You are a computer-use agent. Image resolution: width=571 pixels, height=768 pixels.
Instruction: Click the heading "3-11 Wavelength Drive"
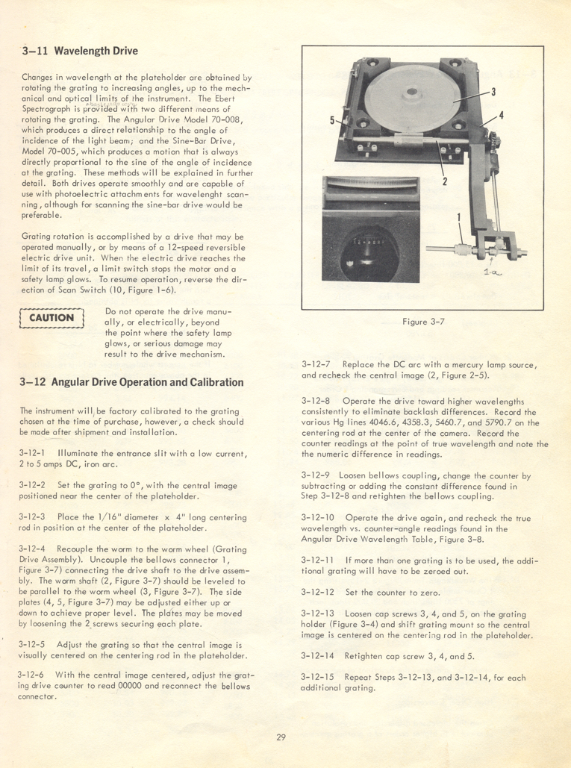coord(80,51)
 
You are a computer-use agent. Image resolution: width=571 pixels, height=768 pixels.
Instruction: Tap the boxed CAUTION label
coord(52,318)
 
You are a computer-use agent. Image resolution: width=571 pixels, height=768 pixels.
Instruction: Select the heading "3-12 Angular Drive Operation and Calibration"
coord(131,382)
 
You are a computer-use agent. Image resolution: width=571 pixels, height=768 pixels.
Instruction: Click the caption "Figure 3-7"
coord(424,322)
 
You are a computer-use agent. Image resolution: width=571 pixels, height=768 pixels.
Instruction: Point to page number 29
coord(281,737)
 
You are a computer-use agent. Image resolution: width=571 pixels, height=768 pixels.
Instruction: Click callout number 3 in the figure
coord(493,92)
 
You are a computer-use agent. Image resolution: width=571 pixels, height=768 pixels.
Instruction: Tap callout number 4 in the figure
coord(501,116)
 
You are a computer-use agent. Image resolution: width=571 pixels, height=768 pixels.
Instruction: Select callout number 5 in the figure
coord(332,120)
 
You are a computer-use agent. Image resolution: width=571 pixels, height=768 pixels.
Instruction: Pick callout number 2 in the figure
coord(445,181)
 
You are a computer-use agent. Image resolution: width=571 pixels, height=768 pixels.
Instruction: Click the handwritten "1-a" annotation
coord(493,272)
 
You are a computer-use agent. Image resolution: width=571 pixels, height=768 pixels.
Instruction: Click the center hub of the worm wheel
coord(412,92)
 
